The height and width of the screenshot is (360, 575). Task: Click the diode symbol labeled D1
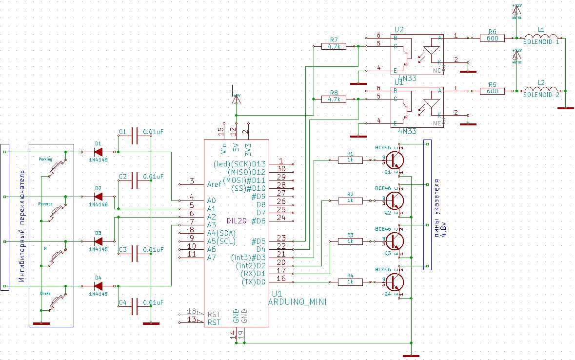pyautogui.click(x=99, y=152)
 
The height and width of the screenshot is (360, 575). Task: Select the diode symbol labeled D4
pyautogui.click(x=99, y=286)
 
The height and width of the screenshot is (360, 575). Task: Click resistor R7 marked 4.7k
pyautogui.click(x=334, y=46)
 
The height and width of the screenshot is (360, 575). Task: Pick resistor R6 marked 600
pyautogui.click(x=492, y=38)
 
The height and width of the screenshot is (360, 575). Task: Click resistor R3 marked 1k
pyautogui.click(x=350, y=241)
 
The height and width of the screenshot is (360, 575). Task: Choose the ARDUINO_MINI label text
pyautogui.click(x=297, y=302)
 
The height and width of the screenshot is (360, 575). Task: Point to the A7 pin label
pyautogui.click(x=212, y=257)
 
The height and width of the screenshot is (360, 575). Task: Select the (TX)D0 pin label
pyautogui.click(x=254, y=282)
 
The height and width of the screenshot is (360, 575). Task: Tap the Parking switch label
pyautogui.click(x=45, y=160)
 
